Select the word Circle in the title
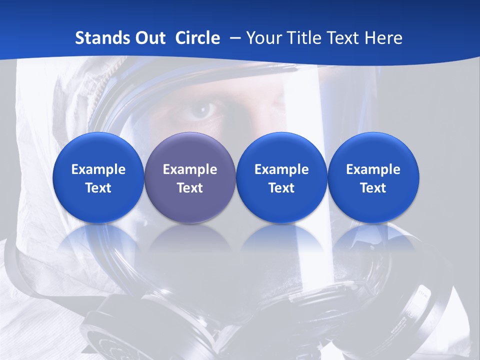click(197, 38)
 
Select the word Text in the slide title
click(343, 38)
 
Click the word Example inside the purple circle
click(190, 169)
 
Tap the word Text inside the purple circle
click(190, 188)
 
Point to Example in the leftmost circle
click(98, 169)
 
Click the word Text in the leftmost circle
click(98, 188)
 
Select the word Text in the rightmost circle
click(373, 188)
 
